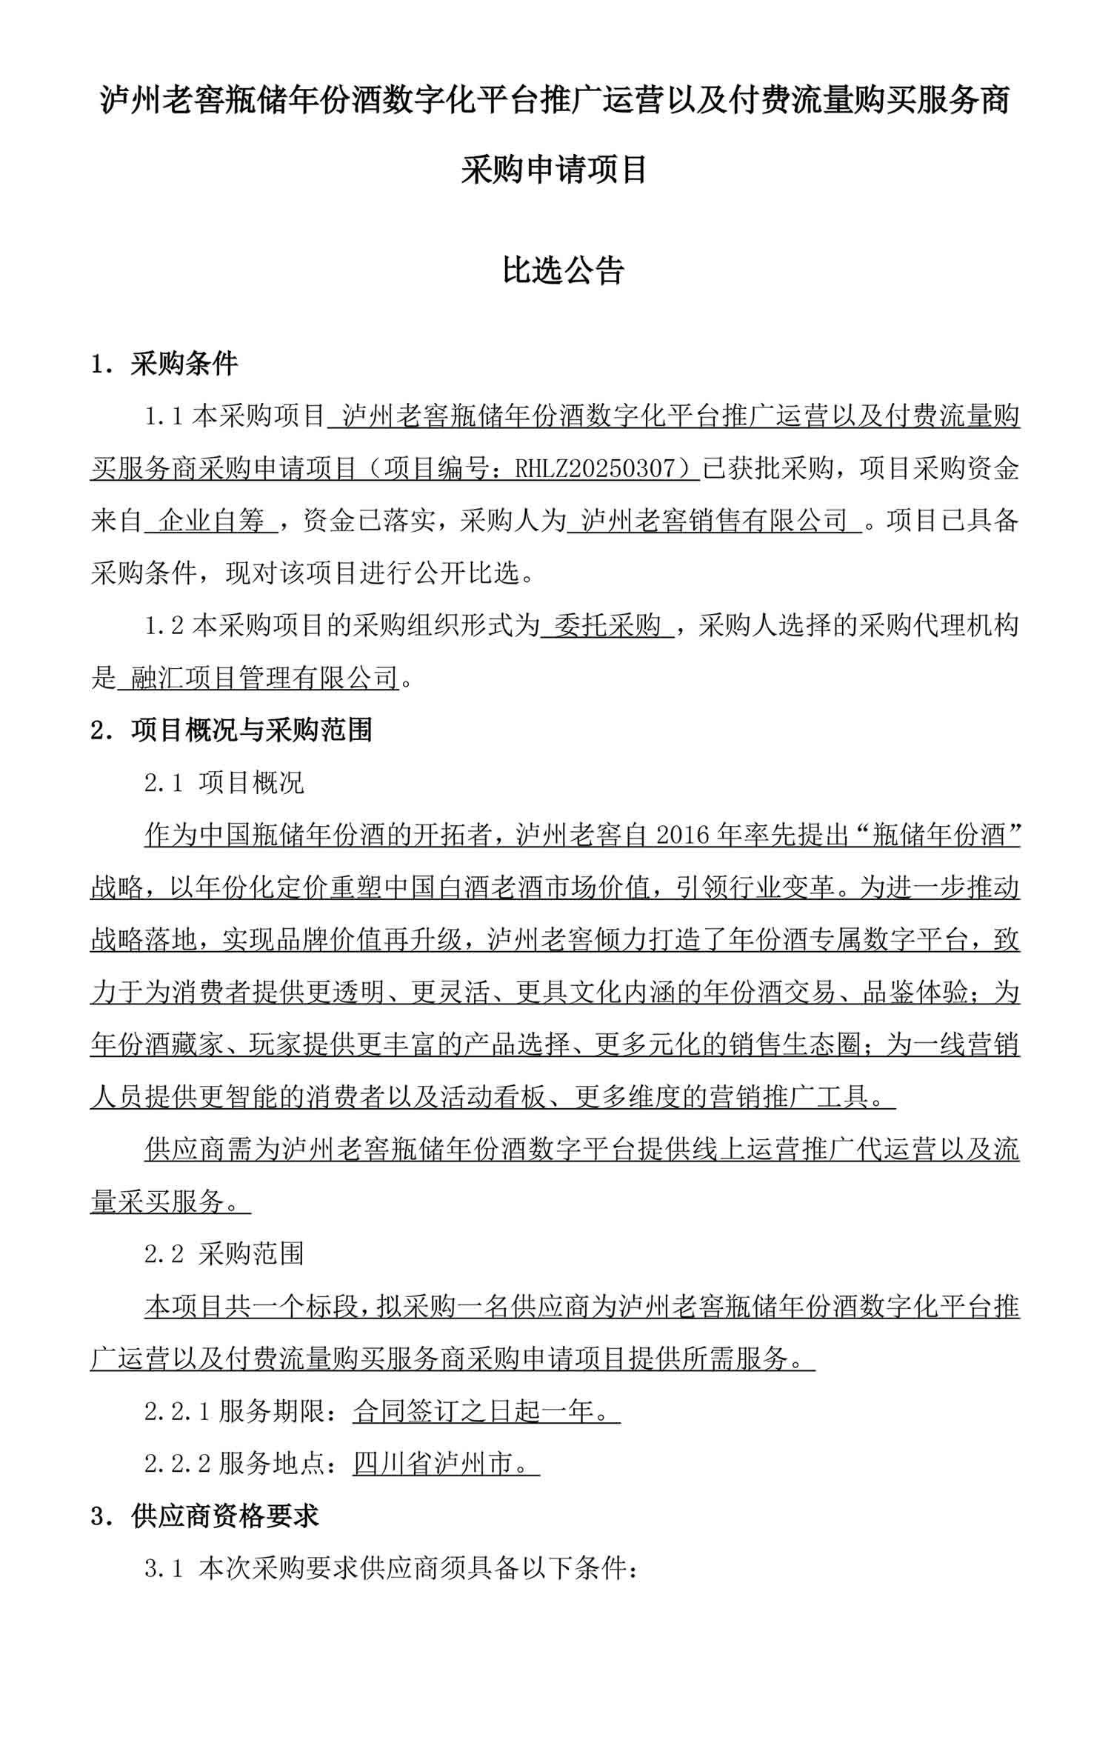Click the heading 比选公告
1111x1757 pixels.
tap(563, 270)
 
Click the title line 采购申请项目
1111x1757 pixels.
tap(555, 170)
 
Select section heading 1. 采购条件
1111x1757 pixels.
tap(164, 364)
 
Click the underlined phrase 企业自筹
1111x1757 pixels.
tap(212, 521)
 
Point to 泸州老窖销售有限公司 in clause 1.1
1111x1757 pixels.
tap(714, 521)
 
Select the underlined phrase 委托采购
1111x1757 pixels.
tap(607, 626)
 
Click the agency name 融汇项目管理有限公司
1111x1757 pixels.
tap(264, 678)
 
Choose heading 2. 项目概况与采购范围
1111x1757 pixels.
tap(230, 730)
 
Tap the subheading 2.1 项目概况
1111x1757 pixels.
tap(224, 783)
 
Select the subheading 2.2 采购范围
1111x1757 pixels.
tap(224, 1254)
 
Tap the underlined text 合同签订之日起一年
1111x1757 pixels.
tap(474, 1412)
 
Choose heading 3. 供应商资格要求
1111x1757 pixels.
tap(204, 1516)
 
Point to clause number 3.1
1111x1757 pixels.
tap(163, 1569)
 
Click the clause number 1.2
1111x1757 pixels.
tap(164, 626)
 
